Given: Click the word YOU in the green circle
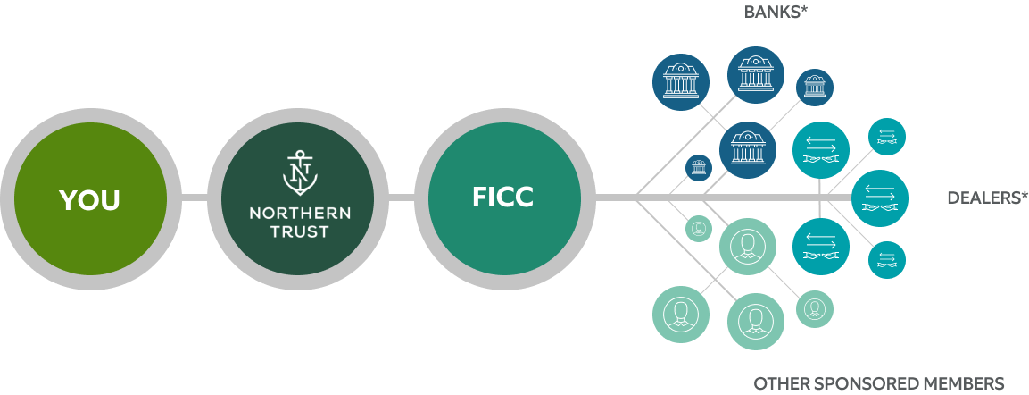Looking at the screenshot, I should tap(89, 200).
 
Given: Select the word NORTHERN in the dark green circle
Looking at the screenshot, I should tap(299, 214).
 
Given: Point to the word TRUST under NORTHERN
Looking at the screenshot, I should tap(299, 232).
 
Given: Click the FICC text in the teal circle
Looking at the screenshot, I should tap(502, 197).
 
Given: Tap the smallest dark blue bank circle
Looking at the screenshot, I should tap(699, 168).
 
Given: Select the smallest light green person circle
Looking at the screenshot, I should tap(699, 228).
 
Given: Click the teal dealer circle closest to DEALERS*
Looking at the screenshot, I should tap(879, 197).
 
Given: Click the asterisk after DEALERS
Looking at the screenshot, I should tap(1024, 194).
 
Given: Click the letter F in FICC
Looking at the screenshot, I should tap(479, 197).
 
